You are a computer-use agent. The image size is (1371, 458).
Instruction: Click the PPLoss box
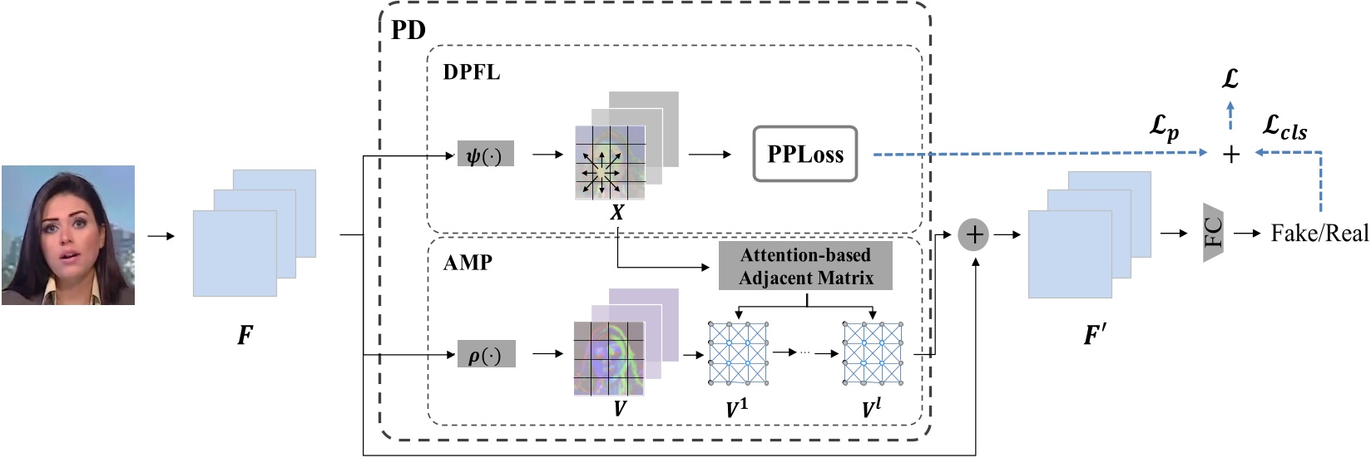point(804,154)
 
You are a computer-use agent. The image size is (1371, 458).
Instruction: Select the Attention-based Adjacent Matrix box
point(805,266)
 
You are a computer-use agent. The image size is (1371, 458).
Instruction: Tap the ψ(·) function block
point(485,155)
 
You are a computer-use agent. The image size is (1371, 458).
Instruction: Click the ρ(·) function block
point(486,354)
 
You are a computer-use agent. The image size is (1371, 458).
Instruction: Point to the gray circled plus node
point(973,234)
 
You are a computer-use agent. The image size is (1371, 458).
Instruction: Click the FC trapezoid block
point(1214,233)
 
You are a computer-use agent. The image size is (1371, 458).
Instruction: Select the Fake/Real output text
point(1319,234)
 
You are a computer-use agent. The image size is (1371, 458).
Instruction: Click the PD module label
point(408,30)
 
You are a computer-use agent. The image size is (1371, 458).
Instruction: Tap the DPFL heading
point(471,72)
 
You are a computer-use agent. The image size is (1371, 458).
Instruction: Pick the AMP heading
point(468,263)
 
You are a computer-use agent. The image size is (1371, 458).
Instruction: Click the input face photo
point(68,234)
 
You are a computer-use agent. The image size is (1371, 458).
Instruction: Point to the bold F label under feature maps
point(245,335)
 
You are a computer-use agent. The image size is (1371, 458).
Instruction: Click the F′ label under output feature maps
point(1095,335)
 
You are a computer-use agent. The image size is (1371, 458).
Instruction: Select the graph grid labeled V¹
point(737,354)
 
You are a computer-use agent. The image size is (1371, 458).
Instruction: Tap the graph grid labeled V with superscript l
point(873,354)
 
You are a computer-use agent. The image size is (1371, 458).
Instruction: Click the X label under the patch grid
point(617,213)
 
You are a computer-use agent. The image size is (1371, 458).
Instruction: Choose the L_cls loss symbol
point(1284,127)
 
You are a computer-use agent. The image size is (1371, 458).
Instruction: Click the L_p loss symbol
point(1164,127)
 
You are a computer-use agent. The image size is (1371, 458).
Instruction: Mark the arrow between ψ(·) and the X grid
point(547,155)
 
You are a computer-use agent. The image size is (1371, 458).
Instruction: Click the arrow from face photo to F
point(161,235)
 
